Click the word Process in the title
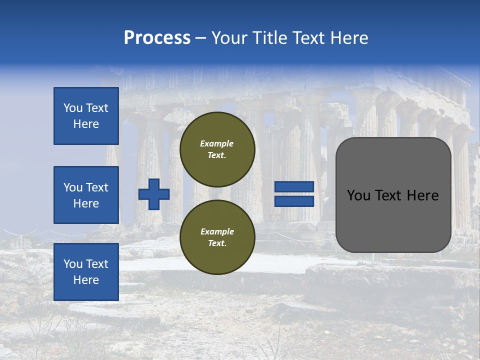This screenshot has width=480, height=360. tap(157, 38)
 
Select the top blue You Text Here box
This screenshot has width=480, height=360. tap(86, 116)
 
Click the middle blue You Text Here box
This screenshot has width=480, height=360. tap(86, 195)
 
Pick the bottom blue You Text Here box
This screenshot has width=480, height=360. tap(86, 271)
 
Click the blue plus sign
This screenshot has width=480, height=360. tap(154, 194)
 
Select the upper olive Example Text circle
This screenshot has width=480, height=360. tap(217, 149)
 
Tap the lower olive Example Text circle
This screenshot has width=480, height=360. tap(217, 237)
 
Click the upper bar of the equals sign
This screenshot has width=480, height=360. tap(294, 187)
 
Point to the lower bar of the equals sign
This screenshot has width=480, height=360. tap(294, 201)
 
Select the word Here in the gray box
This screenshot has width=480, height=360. tap(423, 195)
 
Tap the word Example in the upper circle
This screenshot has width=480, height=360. tap(216, 143)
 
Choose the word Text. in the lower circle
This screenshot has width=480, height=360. tap(217, 243)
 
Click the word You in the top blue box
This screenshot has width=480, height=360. tap(72, 108)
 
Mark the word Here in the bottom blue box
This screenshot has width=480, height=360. tap(86, 280)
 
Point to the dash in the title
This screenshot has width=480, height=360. tap(201, 38)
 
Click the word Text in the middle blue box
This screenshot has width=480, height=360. tap(97, 187)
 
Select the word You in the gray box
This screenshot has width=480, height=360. tap(358, 195)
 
